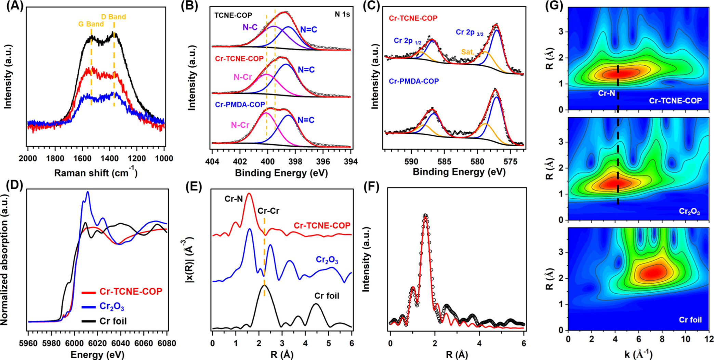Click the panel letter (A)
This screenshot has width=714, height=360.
13,6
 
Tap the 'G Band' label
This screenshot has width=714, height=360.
91,24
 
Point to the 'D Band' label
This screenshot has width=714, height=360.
113,17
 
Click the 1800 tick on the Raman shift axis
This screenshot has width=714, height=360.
55,159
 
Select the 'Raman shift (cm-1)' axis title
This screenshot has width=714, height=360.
96,173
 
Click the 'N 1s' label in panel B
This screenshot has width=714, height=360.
342,14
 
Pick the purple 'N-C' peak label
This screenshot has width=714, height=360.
250,27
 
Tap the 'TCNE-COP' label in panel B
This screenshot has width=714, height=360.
233,15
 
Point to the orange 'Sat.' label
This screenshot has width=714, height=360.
468,52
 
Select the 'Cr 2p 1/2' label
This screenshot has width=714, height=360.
408,41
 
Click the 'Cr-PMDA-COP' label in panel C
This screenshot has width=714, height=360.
414,81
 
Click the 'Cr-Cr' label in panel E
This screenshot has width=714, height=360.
268,211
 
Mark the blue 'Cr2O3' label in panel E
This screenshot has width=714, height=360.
327,261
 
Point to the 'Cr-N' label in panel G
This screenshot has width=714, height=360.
607,93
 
